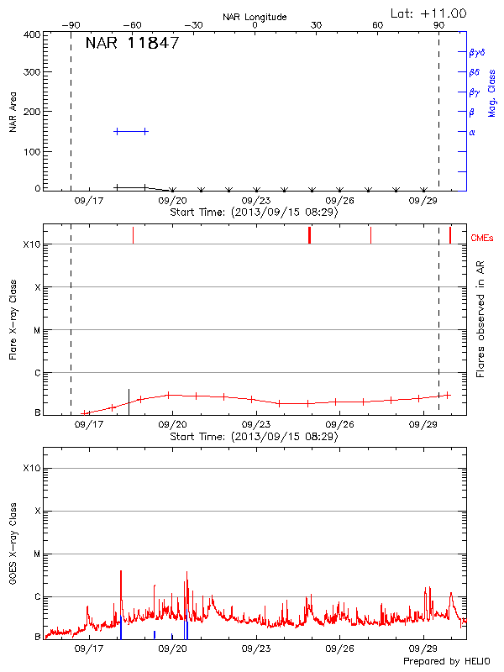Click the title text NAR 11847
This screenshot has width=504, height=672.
click(x=132, y=44)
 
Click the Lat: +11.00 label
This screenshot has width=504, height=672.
click(x=429, y=13)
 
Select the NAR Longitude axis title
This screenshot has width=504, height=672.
click(x=255, y=17)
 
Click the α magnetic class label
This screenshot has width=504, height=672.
click(x=472, y=132)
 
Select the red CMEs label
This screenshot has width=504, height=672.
click(x=485, y=238)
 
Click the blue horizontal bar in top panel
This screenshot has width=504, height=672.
click(x=131, y=131)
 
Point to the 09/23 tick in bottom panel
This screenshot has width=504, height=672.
click(x=255, y=648)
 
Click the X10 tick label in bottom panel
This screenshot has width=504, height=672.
click(x=30, y=468)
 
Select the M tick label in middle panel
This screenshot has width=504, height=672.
click(x=37, y=330)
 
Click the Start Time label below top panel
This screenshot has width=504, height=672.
click(x=254, y=213)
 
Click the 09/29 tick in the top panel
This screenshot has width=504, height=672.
click(x=423, y=201)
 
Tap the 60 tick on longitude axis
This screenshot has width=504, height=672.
click(x=378, y=26)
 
